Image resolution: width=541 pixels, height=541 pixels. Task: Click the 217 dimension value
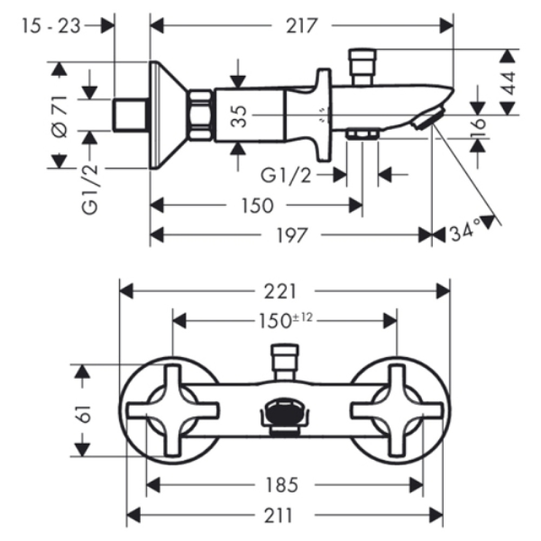301,26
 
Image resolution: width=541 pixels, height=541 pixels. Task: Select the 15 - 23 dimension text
51,26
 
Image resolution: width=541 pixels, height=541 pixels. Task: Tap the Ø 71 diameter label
60,117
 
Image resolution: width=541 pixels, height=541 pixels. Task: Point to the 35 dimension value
239,116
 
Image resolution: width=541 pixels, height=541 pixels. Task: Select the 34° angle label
465,230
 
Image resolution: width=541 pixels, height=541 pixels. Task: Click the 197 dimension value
292,236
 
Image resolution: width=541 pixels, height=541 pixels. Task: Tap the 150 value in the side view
258,206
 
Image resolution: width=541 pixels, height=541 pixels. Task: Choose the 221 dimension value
280,292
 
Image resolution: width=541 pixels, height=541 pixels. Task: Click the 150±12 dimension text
285,321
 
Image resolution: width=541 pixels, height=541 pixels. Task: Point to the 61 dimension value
83,413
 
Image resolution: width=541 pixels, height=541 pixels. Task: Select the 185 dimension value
281,485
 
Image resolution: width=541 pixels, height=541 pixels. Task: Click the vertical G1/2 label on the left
90,190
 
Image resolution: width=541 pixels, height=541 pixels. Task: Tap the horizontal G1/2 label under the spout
286,175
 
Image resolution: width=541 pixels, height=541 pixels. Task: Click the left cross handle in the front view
173,410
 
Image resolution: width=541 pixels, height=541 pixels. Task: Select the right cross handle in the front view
397,410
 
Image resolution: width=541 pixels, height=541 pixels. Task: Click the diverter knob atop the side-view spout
361,67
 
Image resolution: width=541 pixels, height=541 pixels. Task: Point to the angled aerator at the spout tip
428,118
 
